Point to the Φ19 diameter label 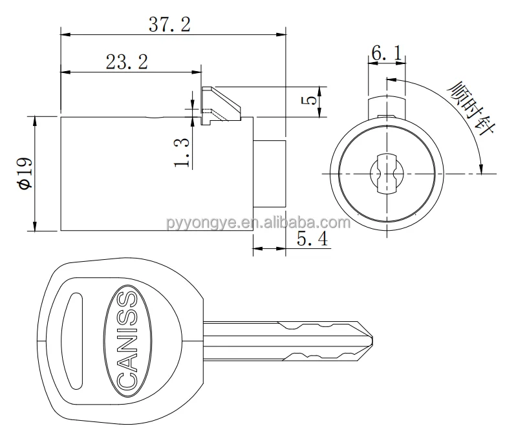click(x=25, y=173)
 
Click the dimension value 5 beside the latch click(x=310, y=101)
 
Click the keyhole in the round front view click(x=386, y=174)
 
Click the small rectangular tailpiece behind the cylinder click(x=268, y=173)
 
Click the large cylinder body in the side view click(x=155, y=173)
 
